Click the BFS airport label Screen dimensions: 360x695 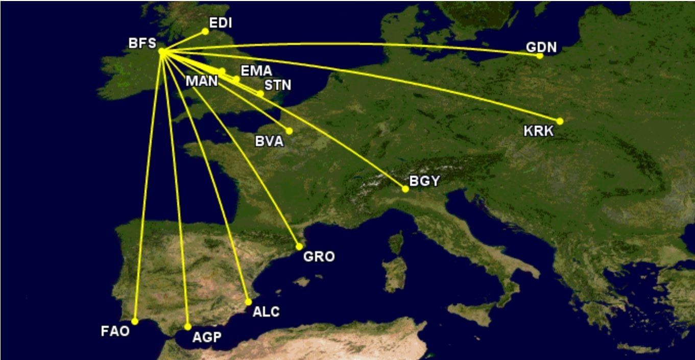coord(142,44)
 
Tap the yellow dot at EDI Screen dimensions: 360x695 coord(205,31)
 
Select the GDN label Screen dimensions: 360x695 coord(541,47)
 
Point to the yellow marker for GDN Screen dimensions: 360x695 coord(540,56)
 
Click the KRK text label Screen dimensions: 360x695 coord(538,131)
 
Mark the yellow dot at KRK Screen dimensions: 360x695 coord(560,121)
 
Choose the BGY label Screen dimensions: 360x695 coord(424,181)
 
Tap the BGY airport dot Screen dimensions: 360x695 coord(405,189)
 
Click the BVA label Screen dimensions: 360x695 coord(269,141)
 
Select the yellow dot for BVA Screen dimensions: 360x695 coord(289,131)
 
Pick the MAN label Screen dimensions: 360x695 coord(202,81)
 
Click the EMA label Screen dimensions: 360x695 coord(256,71)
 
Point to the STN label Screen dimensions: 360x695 coord(277,85)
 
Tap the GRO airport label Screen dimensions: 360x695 coord(319,256)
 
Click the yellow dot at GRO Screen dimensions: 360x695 coord(299,247)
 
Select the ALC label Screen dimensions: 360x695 coord(266,311)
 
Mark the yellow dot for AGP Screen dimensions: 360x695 coord(188,327)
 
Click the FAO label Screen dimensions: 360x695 coord(115,331)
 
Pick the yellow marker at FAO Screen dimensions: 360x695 coord(135,321)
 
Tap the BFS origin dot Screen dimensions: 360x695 coord(161,51)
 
